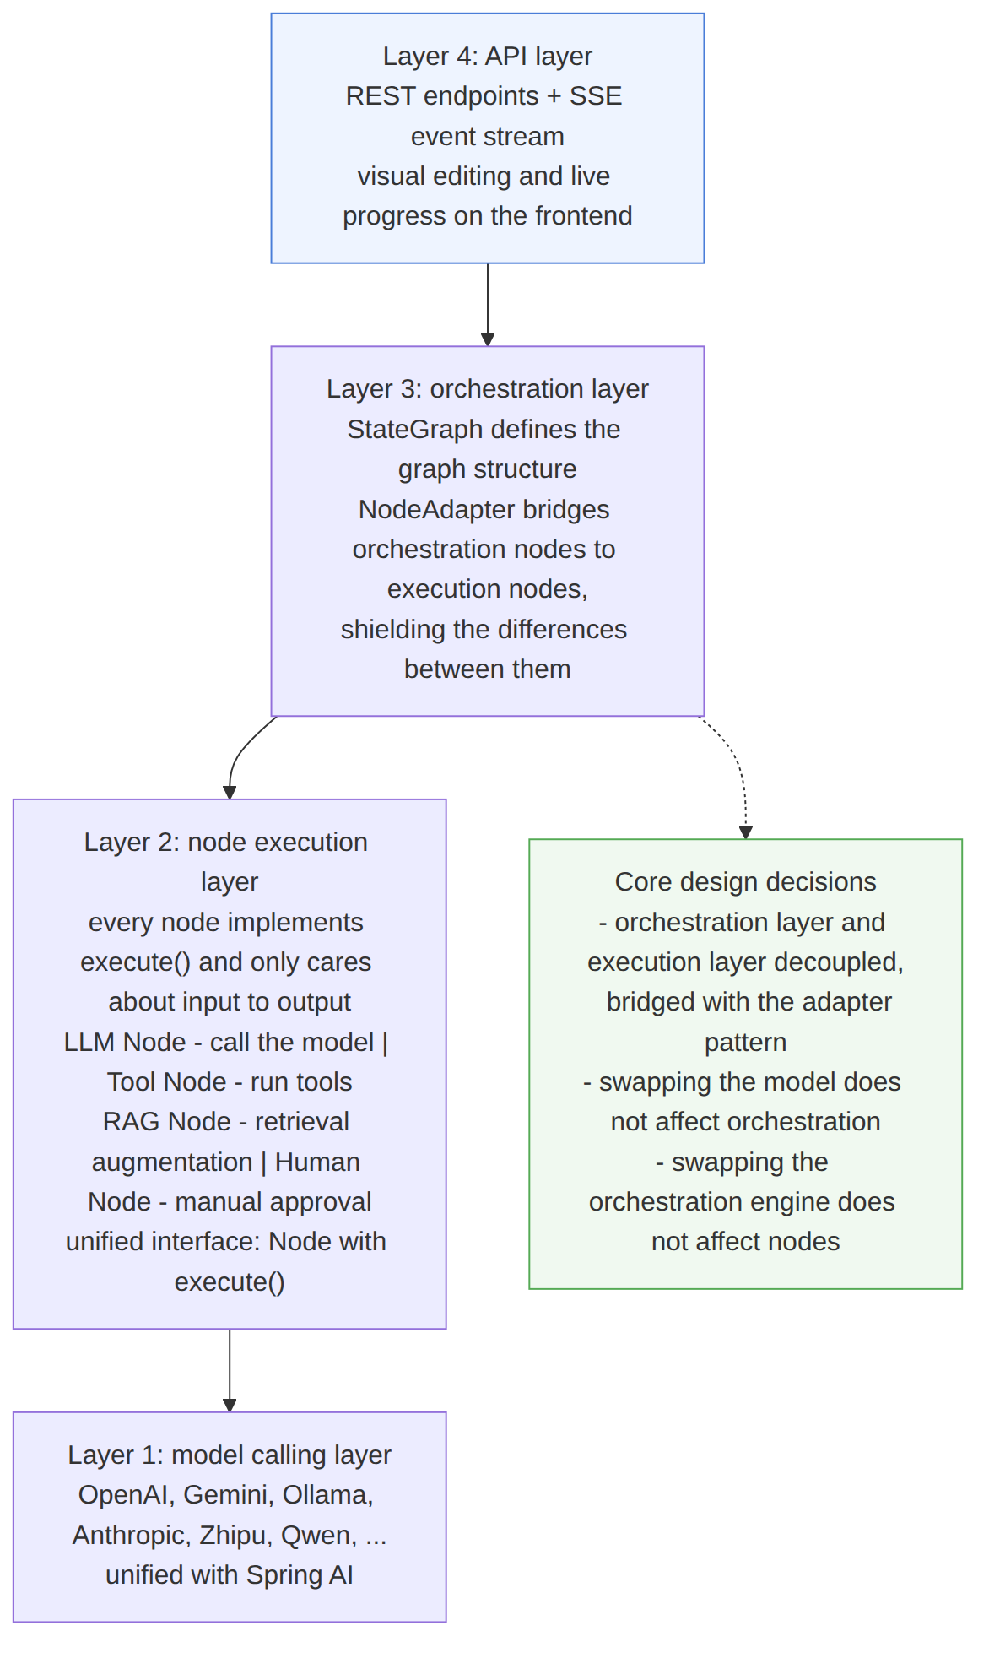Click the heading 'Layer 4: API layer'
tap(487, 56)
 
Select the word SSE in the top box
tap(596, 95)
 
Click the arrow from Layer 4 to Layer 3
tap(488, 305)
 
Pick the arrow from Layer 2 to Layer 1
tap(230, 1370)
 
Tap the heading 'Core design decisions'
tap(745, 881)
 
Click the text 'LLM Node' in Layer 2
tap(125, 1042)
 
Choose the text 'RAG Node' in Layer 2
tap(166, 1121)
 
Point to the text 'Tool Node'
tap(166, 1081)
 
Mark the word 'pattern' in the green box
tap(745, 1042)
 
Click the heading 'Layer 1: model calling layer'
tap(230, 1455)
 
